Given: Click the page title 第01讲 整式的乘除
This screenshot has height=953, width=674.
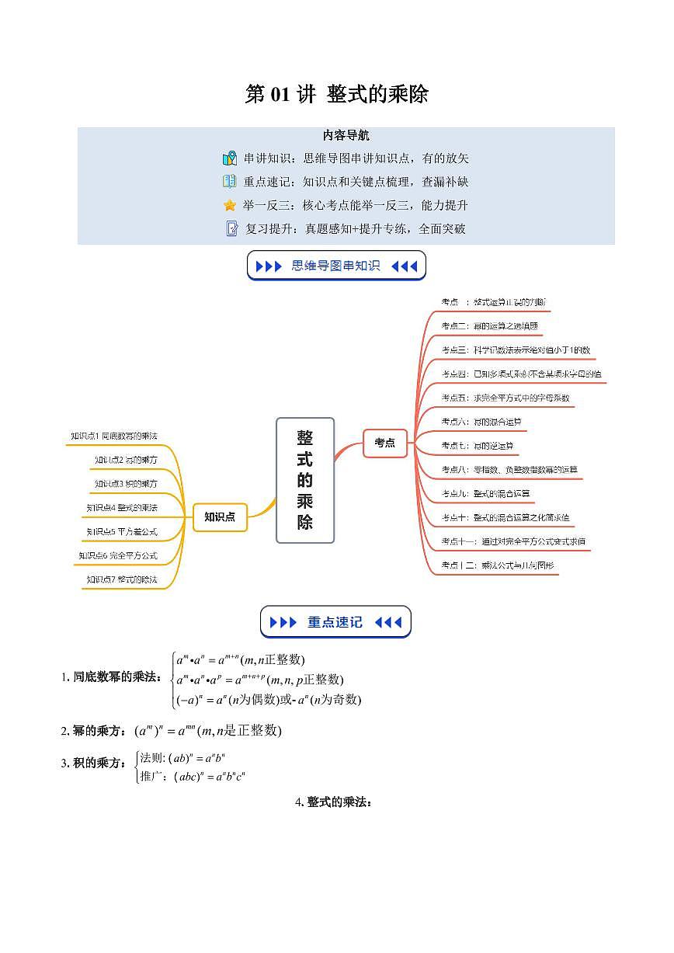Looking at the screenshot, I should [336, 95].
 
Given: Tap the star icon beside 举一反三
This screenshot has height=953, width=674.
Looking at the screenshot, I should [230, 206].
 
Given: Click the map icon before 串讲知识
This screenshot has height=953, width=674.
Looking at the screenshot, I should [230, 159].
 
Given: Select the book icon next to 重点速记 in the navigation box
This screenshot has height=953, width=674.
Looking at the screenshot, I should [230, 182].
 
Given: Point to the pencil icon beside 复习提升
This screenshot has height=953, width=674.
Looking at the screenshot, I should [231, 229].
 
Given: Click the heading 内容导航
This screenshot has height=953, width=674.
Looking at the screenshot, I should [346, 136].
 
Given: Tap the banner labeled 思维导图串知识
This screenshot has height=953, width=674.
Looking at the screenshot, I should [335, 266].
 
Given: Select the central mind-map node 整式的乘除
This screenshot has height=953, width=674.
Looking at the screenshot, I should [305, 480].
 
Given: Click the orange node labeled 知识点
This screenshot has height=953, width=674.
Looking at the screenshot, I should [220, 516].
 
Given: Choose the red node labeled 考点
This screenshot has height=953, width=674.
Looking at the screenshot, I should [384, 443].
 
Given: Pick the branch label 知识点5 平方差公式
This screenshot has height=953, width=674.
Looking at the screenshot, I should [123, 532].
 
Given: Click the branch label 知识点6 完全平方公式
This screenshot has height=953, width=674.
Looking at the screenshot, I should [118, 556].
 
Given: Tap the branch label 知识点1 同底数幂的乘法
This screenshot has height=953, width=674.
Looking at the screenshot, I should [119, 437].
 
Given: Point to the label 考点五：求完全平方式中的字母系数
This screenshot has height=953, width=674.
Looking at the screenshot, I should [505, 398].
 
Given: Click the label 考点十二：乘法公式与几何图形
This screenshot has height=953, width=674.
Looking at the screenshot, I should [498, 565].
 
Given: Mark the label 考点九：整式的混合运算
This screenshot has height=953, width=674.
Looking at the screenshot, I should [485, 493].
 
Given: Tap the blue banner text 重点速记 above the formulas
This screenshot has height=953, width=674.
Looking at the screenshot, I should [335, 622].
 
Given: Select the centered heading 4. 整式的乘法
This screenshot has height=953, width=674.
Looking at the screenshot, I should [335, 802].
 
